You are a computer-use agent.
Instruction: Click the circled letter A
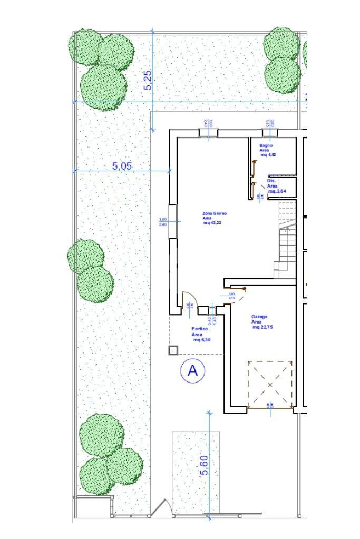[x=192, y=371]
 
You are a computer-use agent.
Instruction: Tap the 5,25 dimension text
[x=148, y=80]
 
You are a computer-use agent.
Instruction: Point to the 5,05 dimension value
[x=122, y=165]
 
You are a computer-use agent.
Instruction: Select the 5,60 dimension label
[x=205, y=465]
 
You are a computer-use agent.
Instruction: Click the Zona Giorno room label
[x=215, y=214]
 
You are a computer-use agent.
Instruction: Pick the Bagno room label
[x=266, y=145]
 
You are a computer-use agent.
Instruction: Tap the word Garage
[x=259, y=317]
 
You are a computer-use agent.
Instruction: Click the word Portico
[x=199, y=329]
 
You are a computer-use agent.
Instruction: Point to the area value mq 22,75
[x=262, y=327]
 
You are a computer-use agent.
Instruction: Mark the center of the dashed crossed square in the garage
[x=270, y=385]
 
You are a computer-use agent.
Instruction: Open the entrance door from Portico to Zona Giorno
[x=186, y=301]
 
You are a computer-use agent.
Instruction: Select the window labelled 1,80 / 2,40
[x=172, y=221]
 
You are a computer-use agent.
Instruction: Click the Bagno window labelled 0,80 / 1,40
[x=270, y=132]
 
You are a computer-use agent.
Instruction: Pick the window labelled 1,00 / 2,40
[x=208, y=132]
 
